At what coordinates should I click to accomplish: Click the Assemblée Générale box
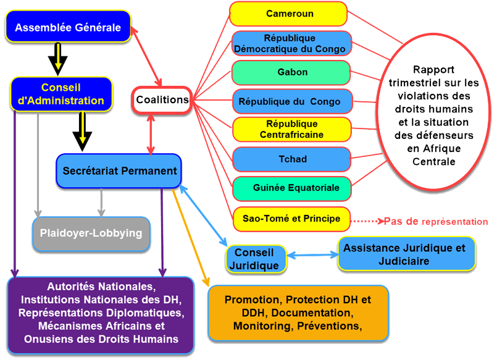tap(68, 27)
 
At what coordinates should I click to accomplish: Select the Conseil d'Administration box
tap(61, 94)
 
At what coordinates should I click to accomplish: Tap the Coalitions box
tap(162, 99)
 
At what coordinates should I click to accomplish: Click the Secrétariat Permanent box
tap(120, 171)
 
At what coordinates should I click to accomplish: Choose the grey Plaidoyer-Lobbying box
tap(91, 233)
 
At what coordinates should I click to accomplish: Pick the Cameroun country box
tap(290, 14)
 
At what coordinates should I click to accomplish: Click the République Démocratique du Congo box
tap(290, 43)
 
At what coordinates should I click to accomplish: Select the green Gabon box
tap(290, 72)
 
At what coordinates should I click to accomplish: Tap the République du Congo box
tap(290, 101)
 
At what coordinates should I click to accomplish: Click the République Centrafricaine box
tap(290, 129)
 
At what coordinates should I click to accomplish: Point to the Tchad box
tap(290, 159)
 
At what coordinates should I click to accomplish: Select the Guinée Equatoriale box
tap(292, 187)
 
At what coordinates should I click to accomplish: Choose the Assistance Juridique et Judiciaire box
tap(407, 254)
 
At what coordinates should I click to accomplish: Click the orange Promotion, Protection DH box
tap(298, 312)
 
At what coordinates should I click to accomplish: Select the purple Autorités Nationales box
tap(101, 312)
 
